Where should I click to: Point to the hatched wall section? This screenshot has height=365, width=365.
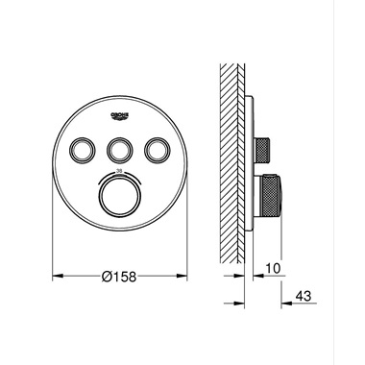click(233, 163)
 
